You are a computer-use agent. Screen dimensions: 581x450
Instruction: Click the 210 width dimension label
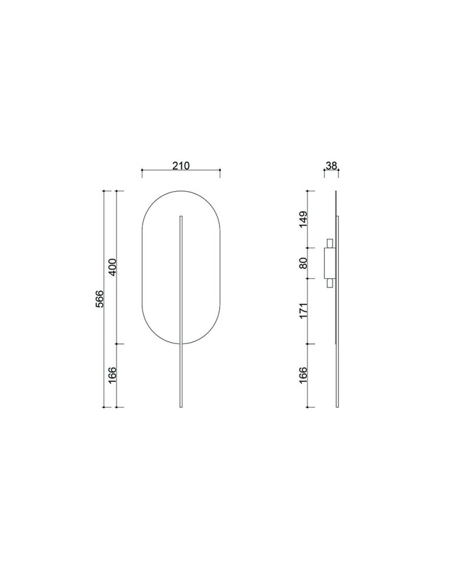coord(181,166)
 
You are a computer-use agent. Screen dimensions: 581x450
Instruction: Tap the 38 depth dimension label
coord(331,166)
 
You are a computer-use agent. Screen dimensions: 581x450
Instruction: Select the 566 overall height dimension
coord(99,299)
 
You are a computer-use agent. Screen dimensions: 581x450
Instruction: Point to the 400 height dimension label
coord(113,267)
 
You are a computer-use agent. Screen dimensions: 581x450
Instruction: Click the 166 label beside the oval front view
coord(113,375)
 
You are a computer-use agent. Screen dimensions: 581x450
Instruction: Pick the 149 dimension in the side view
coord(303,220)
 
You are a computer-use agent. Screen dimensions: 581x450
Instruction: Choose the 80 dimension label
coord(303,263)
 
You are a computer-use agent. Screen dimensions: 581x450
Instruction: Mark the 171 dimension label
coord(303,311)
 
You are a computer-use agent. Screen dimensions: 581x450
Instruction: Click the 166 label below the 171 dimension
coord(303,375)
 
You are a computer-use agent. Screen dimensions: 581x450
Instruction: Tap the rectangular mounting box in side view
coord(328,263)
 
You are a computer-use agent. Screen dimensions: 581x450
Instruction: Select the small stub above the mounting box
coord(330,243)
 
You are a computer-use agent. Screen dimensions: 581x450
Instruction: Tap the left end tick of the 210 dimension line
coord(142,170)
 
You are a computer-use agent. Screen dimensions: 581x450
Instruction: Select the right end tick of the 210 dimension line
coord(220,170)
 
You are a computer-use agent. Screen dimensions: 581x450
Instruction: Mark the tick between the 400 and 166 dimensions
coord(117,344)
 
